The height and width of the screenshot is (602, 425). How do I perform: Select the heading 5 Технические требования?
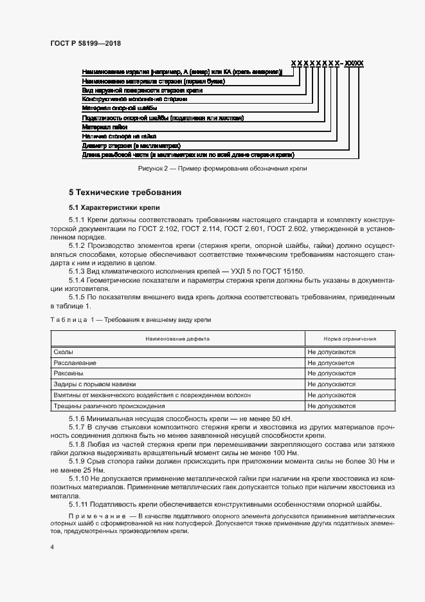tap(125, 193)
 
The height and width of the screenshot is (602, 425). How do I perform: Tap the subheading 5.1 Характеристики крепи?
tap(110, 208)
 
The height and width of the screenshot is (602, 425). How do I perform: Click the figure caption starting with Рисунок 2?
tap(223, 168)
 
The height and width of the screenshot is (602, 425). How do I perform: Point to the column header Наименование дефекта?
tap(177, 339)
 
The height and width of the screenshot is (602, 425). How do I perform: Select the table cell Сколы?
tap(63, 352)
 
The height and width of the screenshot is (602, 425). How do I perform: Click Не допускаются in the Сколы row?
tap(332, 352)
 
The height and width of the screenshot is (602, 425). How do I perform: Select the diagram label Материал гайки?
tap(105, 127)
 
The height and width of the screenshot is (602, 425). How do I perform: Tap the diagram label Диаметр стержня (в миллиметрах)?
tap(131, 146)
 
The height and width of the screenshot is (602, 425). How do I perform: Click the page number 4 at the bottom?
tap(51, 547)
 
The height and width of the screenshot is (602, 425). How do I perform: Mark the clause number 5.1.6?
tap(78, 419)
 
